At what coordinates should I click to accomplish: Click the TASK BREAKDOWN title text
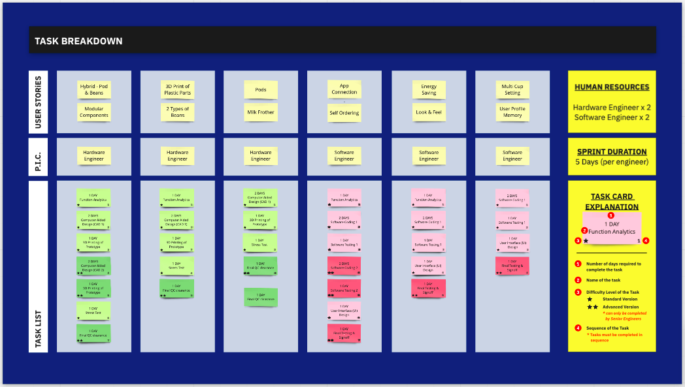[x=79, y=41]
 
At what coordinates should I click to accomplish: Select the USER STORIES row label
[x=38, y=102]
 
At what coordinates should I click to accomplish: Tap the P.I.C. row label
[x=38, y=156]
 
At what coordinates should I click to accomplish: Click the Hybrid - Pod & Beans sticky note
[x=94, y=89]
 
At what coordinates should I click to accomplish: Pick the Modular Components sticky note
[x=94, y=112]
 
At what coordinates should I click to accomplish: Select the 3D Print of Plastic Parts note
[x=177, y=89]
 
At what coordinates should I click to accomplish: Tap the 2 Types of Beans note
[x=177, y=112]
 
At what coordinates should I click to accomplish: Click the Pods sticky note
[x=261, y=90]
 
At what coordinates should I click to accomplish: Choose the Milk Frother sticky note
[x=261, y=112]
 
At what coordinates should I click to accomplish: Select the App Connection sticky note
[x=344, y=89]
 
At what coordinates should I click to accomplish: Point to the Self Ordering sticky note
[x=344, y=113]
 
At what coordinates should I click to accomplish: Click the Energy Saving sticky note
[x=429, y=89]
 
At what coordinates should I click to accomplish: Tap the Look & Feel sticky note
[x=429, y=112]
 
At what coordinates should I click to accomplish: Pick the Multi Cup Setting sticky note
[x=512, y=89]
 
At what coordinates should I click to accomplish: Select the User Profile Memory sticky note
[x=512, y=112]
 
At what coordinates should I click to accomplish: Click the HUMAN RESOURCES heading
[x=611, y=87]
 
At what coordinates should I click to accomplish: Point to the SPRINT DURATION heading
[x=611, y=151]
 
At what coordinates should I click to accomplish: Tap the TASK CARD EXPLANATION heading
[x=611, y=202]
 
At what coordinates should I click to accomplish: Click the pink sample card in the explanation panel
[x=612, y=228]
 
